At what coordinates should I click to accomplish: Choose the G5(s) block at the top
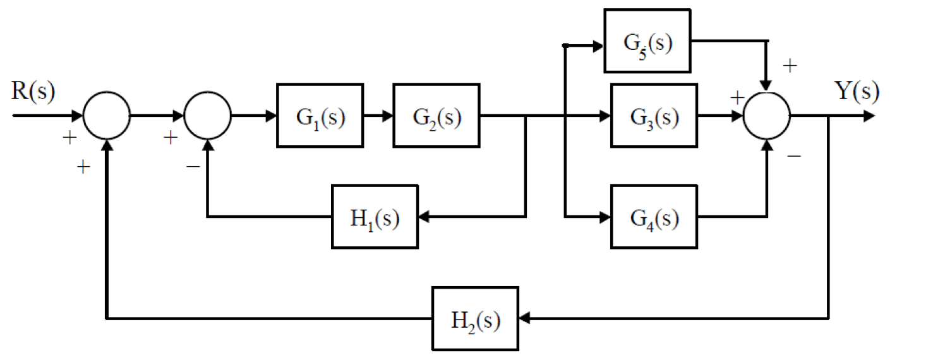tap(647, 42)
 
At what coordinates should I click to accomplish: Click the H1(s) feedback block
tap(375, 217)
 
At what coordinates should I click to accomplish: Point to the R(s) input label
tap(33, 92)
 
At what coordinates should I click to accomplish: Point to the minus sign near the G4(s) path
tap(794, 154)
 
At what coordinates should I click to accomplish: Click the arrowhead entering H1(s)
tap(424, 217)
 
